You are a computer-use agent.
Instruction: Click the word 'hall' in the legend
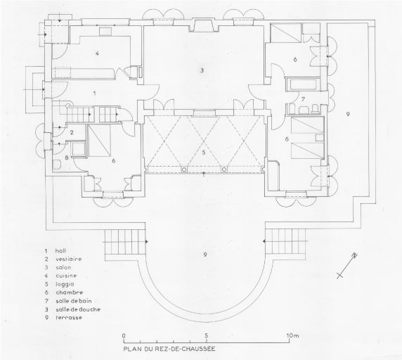point(60,251)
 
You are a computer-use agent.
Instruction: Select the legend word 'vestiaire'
point(68,259)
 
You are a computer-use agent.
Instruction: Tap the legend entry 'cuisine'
point(66,276)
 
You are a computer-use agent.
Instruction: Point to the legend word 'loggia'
point(65,284)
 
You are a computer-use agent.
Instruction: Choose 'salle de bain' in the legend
point(74,301)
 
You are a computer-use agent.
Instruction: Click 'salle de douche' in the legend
point(78,309)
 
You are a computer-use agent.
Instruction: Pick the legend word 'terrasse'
point(69,317)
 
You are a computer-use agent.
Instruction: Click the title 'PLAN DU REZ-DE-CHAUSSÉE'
point(169,349)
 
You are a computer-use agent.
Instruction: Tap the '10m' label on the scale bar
point(292,335)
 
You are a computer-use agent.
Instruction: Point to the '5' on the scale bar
point(207,335)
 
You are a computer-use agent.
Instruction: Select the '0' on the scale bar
point(124,335)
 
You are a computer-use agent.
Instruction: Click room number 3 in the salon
point(202,70)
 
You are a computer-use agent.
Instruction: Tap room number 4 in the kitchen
point(97,53)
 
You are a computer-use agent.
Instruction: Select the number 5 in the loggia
point(204,153)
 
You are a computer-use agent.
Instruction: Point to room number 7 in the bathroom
point(303,98)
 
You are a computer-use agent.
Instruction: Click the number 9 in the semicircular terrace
point(205,255)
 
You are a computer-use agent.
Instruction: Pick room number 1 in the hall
point(95,93)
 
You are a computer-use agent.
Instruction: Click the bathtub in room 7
point(302,84)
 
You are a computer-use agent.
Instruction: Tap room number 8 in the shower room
point(67,157)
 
